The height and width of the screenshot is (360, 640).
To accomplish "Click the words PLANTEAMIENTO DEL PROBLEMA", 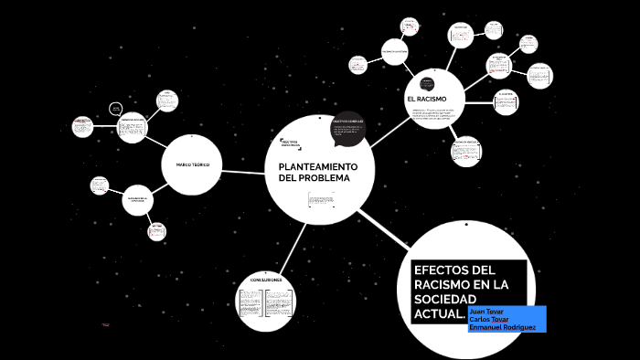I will [x=313, y=171].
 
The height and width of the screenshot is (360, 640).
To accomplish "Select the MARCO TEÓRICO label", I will [x=187, y=164].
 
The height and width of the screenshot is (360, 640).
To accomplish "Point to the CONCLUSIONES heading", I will [x=265, y=280].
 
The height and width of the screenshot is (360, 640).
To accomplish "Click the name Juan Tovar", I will [x=486, y=311].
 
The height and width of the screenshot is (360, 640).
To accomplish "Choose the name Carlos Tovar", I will [x=488, y=319].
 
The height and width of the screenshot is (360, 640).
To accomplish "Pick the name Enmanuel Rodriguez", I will [x=502, y=327].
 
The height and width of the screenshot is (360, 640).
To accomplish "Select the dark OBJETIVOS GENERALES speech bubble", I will [x=348, y=131].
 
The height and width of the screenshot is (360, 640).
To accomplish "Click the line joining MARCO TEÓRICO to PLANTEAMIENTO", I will [x=242, y=170].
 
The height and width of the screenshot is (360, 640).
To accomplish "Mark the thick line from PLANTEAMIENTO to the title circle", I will [x=384, y=228].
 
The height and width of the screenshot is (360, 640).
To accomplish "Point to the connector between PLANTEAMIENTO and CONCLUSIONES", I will [x=292, y=245].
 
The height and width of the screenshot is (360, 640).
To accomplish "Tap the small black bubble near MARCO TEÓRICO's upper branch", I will [x=115, y=109].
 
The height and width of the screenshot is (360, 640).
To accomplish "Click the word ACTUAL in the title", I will [x=436, y=314].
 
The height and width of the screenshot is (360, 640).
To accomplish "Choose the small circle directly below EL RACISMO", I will [x=466, y=152].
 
